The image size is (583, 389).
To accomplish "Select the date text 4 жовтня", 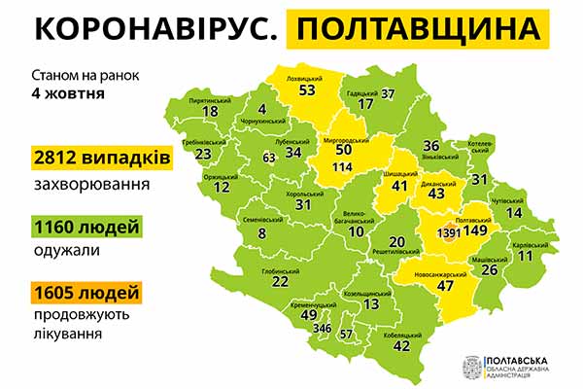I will pyautogui.click(x=68, y=95).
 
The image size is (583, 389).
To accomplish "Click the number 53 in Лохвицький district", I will pyautogui.click(x=308, y=90).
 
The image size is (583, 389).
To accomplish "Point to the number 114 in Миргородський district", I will pyautogui.click(x=342, y=167).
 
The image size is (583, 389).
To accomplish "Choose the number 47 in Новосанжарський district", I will pyautogui.click(x=447, y=287).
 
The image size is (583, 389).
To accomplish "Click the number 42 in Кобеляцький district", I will pyautogui.click(x=400, y=345).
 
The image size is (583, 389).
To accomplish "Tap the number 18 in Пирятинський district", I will pyautogui.click(x=210, y=111).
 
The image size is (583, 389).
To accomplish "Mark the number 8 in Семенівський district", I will pyautogui.click(x=261, y=232).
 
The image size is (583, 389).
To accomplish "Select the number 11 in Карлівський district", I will pyautogui.click(x=526, y=256).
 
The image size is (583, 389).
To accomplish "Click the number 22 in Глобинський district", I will pyautogui.click(x=280, y=281).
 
